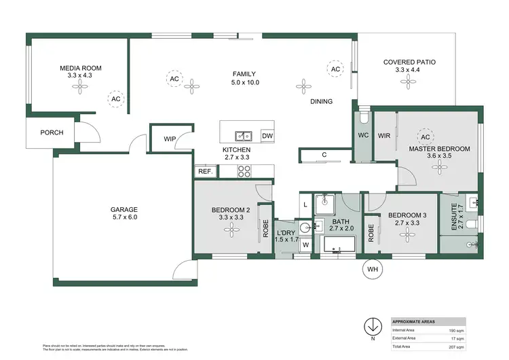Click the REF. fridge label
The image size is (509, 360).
click(x=204, y=172)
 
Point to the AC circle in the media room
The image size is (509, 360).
click(x=116, y=99)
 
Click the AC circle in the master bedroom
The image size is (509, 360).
click(x=426, y=134)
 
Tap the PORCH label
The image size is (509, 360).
click(x=51, y=132)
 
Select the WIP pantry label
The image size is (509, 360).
click(x=170, y=139)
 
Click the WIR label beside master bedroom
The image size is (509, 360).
click(x=383, y=134)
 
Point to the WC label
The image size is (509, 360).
click(x=362, y=134)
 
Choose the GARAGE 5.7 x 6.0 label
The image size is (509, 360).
click(x=124, y=213)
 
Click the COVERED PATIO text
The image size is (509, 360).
click(x=409, y=62)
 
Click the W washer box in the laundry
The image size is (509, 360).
click(x=306, y=245)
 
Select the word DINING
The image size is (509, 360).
click(x=321, y=102)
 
